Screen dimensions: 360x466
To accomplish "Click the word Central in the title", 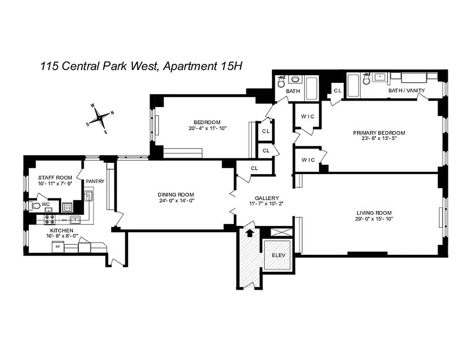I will (78, 66).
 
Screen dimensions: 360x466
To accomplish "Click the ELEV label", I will (278, 256).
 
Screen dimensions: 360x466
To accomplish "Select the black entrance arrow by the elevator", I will (250, 232).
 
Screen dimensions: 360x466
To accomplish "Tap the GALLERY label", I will (267, 198).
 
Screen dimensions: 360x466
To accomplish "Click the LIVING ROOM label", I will (374, 213).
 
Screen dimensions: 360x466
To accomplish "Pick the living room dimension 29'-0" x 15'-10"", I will (374, 219).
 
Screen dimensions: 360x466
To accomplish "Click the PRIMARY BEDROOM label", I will (379, 133).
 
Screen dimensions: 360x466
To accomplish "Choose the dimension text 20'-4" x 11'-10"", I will (207, 128).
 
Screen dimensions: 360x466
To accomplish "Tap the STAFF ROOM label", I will (52, 178).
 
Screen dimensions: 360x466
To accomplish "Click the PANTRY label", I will (95, 181).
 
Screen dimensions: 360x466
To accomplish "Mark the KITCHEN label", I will (50, 230).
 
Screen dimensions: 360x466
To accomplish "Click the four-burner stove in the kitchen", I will (49, 220).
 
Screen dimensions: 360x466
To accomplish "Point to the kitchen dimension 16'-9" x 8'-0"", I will (50, 236).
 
